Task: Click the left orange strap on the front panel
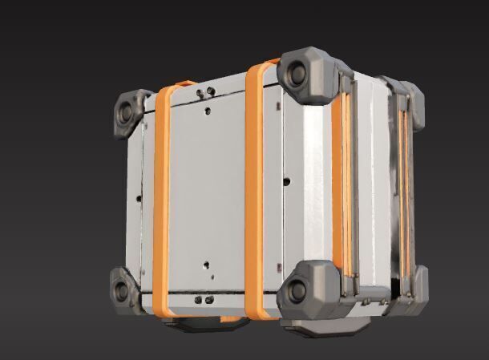tap(161, 200)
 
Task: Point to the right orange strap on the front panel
tap(255, 192)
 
